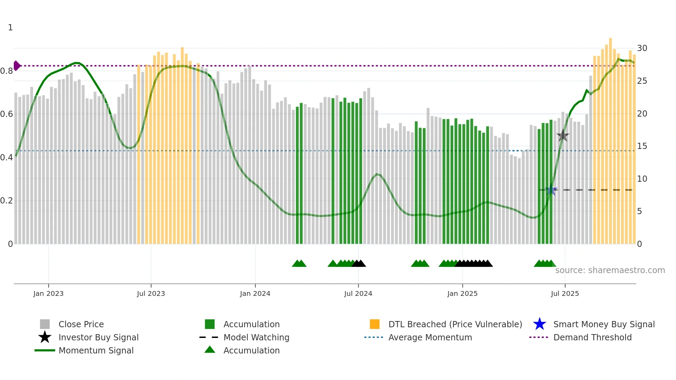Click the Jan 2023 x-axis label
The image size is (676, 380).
(x=48, y=293)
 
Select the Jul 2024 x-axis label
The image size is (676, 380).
(x=358, y=293)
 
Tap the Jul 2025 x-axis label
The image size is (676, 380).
(x=565, y=293)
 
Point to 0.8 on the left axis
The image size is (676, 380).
(x=7, y=71)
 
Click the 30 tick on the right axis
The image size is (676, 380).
(x=642, y=48)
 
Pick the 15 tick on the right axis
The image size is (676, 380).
(x=642, y=146)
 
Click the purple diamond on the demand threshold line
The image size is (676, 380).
(x=17, y=66)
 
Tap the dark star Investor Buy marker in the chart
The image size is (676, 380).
(x=563, y=136)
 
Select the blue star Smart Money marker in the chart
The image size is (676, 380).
(x=551, y=190)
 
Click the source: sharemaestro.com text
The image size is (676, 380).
(x=610, y=270)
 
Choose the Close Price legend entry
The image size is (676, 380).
(x=81, y=324)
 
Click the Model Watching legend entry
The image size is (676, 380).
(x=256, y=337)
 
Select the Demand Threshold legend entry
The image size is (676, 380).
(x=592, y=337)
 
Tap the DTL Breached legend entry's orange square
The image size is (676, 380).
(x=375, y=324)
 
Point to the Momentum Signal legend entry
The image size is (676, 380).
(x=96, y=350)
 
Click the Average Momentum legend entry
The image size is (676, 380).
(x=430, y=337)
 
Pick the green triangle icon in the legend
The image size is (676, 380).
(x=210, y=350)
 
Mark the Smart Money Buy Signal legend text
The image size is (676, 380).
(x=604, y=324)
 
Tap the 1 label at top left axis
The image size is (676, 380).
(x=10, y=28)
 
